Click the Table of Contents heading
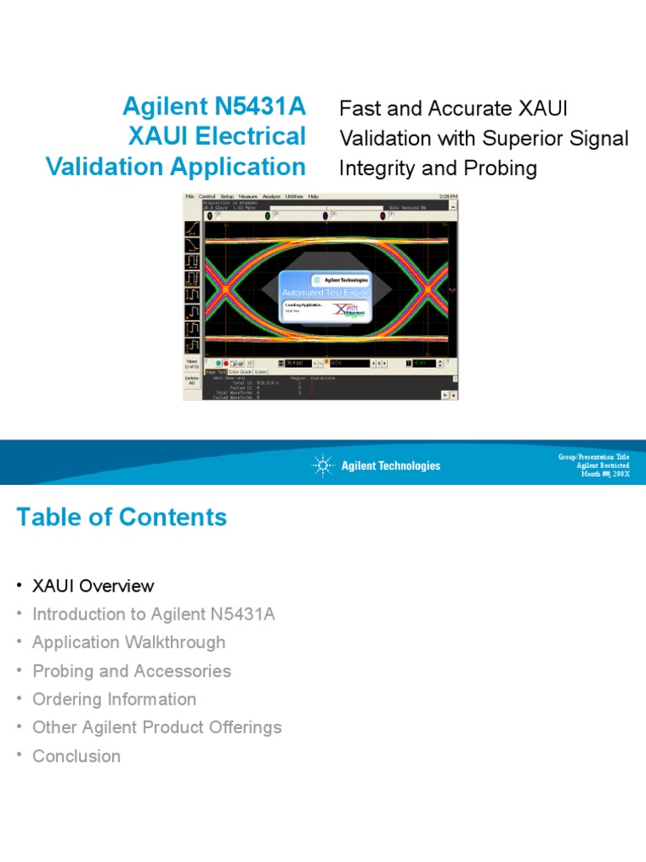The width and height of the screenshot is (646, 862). pyautogui.click(x=121, y=517)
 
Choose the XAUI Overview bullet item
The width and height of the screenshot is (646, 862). pyautogui.click(x=93, y=586)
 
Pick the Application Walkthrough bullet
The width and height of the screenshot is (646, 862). pyautogui.click(x=129, y=642)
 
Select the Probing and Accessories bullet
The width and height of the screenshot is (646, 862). pyautogui.click(x=131, y=671)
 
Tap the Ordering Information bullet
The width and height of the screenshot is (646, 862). pyautogui.click(x=114, y=700)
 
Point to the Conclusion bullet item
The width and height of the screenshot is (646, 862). pyautogui.click(x=76, y=756)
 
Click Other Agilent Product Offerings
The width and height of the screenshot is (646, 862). pyautogui.click(x=156, y=727)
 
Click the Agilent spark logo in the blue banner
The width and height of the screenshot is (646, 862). pyautogui.click(x=323, y=466)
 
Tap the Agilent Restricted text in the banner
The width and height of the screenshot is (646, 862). pyautogui.click(x=602, y=466)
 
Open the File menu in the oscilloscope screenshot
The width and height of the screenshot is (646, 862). pyautogui.click(x=190, y=196)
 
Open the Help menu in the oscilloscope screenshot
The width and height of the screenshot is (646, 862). pyautogui.click(x=313, y=196)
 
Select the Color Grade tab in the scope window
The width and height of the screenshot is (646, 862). pyautogui.click(x=240, y=371)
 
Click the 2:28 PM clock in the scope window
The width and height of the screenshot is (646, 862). pyautogui.click(x=448, y=196)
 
